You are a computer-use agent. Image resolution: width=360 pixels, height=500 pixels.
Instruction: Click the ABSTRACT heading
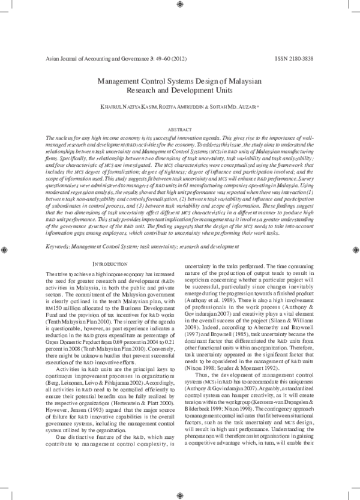(x=179, y=130)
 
